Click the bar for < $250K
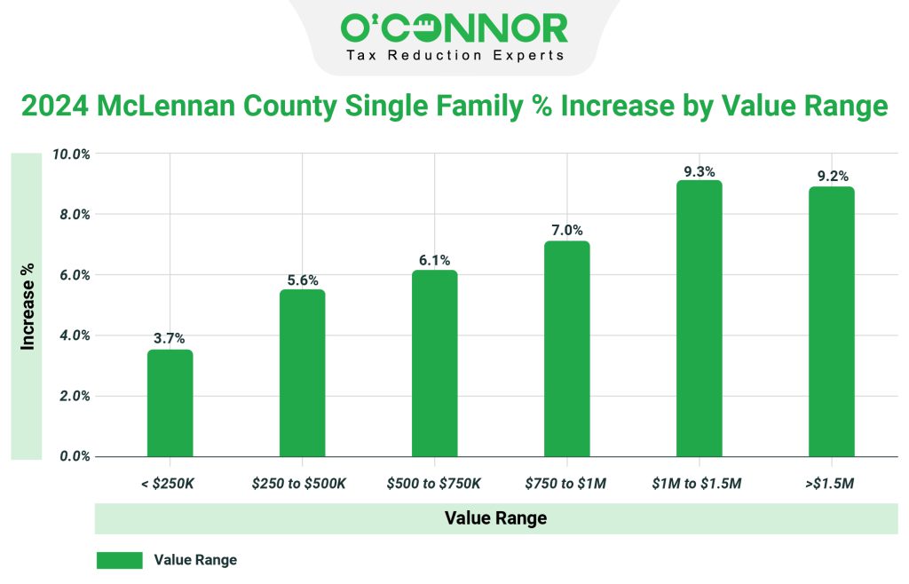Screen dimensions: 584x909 coord(170,404)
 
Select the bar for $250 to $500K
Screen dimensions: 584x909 coord(302,373)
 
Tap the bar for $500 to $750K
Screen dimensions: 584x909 coord(434,364)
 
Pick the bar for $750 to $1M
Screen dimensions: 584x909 coord(566,349)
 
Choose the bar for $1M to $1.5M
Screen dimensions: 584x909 coord(699,319)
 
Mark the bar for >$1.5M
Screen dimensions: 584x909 coord(831,321)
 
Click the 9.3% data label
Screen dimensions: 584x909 coord(699,171)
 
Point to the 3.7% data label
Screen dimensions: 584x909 coord(170,338)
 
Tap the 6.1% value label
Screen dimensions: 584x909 coord(434,260)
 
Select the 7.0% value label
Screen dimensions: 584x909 coord(566,230)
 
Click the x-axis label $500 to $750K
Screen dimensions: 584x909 coord(434,484)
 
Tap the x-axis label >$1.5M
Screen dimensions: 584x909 coord(831,484)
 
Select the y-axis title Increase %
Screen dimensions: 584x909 coord(28,306)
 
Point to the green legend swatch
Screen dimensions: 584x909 coord(119,560)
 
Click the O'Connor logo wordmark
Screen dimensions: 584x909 coord(454,28)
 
